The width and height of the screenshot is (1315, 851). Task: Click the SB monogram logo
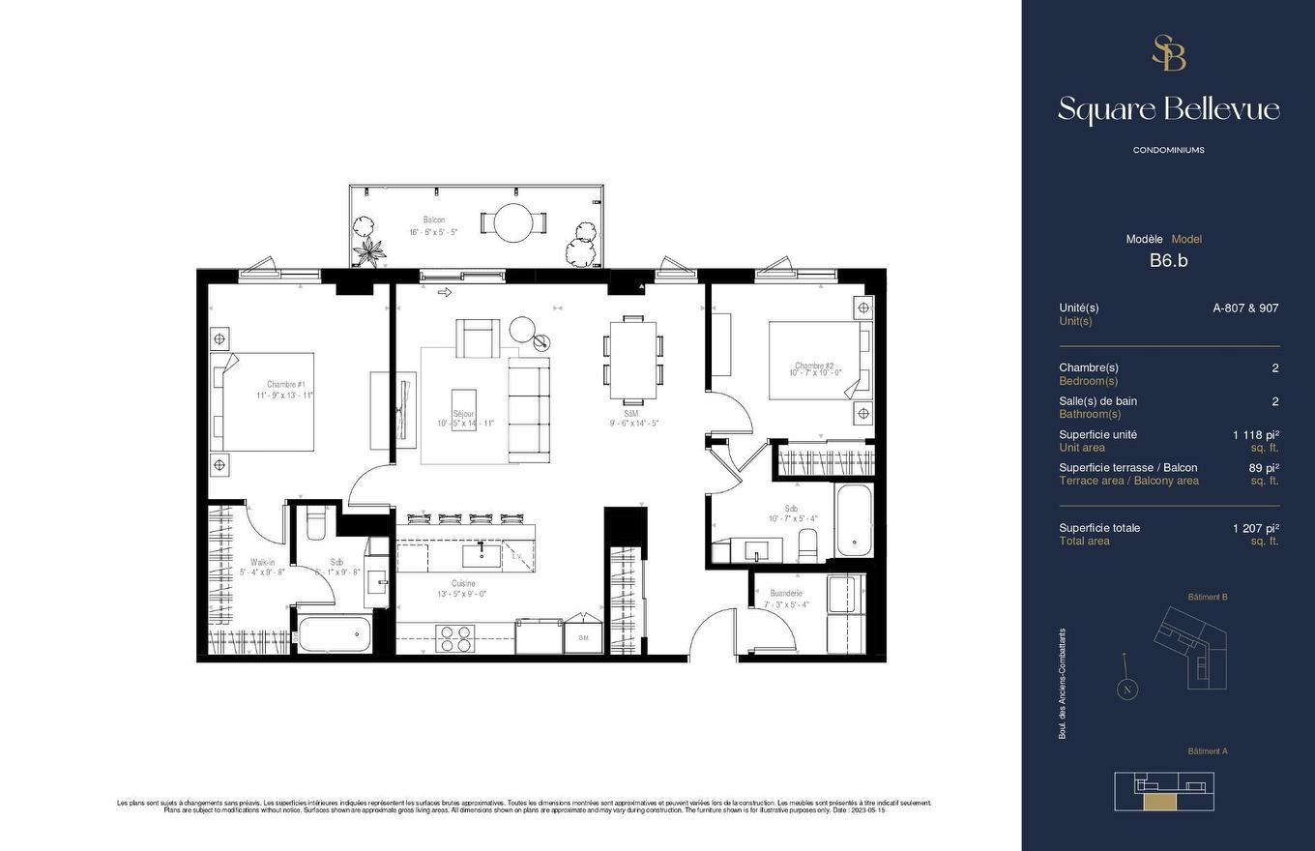click(1168, 53)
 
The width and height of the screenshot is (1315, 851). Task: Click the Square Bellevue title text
click(1168, 109)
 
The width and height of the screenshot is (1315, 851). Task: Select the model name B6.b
click(1168, 260)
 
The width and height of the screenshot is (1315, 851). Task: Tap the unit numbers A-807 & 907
click(1245, 308)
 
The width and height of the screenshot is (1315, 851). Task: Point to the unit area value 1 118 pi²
click(1255, 435)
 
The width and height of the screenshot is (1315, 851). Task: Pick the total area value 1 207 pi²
click(1255, 528)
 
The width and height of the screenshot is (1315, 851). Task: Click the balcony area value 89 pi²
click(1264, 468)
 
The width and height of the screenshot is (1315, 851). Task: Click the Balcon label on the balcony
click(434, 220)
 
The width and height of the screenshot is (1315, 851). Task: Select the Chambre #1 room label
click(286, 385)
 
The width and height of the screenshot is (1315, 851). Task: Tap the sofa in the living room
click(528, 405)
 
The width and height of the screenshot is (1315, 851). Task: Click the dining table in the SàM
click(633, 358)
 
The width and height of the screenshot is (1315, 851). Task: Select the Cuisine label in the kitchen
click(462, 583)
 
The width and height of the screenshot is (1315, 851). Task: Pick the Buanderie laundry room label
click(786, 594)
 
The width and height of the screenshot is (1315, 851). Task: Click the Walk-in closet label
click(262, 562)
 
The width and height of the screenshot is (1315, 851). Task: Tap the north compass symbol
click(1125, 690)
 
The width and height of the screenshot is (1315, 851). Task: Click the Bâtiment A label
click(1208, 751)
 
